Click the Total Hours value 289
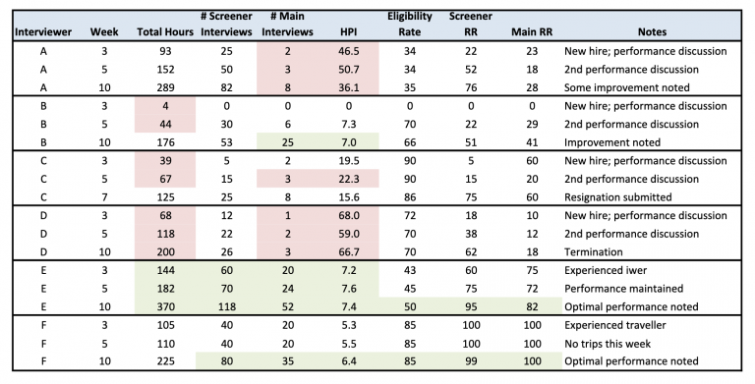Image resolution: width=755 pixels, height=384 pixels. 164,86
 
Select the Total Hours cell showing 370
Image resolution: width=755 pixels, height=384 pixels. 164,306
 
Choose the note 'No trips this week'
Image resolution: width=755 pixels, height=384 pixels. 610,343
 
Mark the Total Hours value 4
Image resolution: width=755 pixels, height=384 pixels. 164,105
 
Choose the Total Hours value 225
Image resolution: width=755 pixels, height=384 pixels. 164,361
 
